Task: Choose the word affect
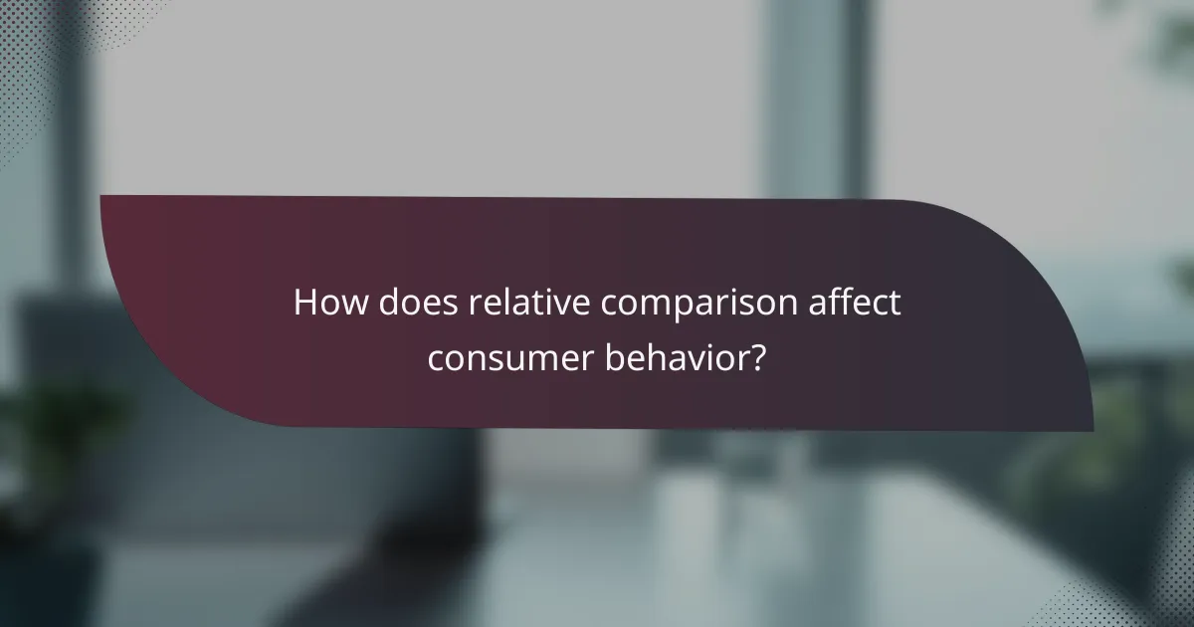865,303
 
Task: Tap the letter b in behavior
615,355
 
